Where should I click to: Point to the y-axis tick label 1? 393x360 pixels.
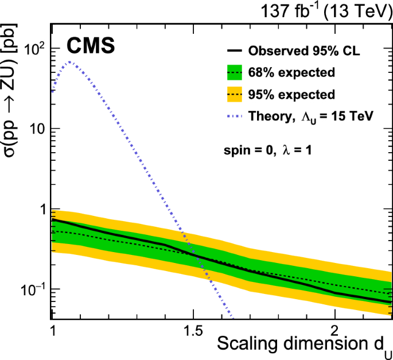[40, 210]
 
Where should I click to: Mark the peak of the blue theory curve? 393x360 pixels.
[69, 61]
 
